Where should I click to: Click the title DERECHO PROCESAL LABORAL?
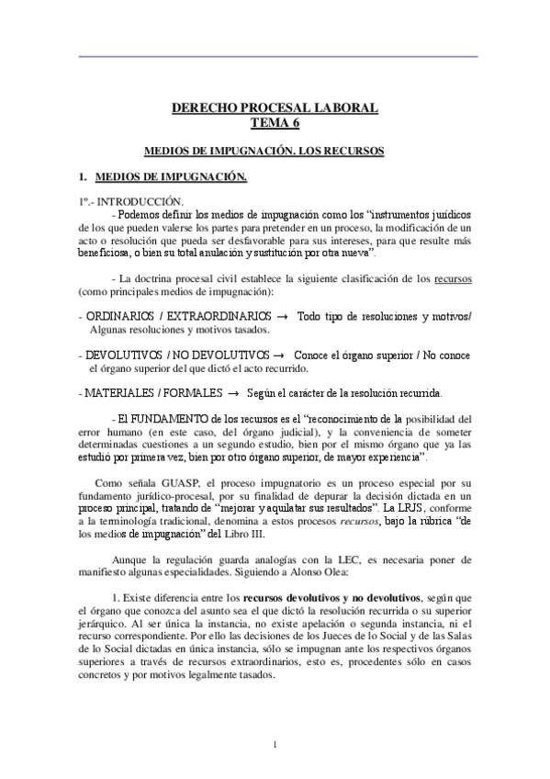[275, 108]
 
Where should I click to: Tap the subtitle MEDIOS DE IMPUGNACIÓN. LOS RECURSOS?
[275, 149]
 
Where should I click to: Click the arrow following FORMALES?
[232, 393]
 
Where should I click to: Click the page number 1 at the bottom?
[275, 744]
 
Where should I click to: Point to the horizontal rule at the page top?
[275, 57]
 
